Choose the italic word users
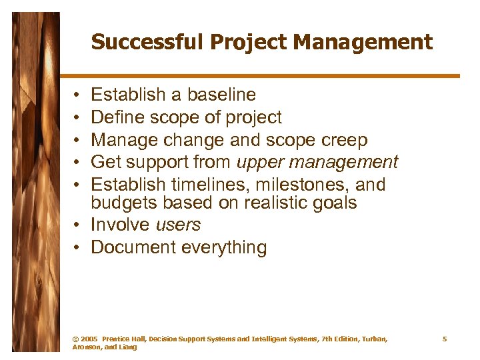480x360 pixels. (179, 225)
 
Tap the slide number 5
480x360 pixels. (445, 339)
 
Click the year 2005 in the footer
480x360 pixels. (89, 339)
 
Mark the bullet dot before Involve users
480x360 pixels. (78, 225)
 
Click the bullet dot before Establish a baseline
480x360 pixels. (78, 96)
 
